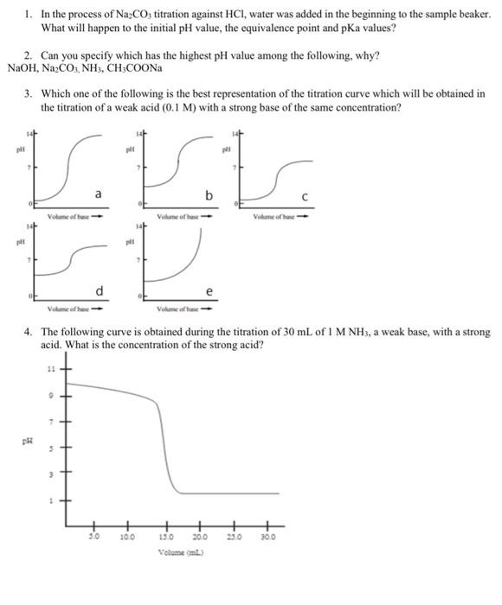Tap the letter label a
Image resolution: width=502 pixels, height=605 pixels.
(98, 194)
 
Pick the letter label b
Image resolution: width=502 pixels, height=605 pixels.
(208, 195)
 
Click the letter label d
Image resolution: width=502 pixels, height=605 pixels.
(99, 288)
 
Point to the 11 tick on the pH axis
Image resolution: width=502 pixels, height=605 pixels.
(49, 369)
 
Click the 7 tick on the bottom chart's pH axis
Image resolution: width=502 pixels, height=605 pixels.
(49, 422)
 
